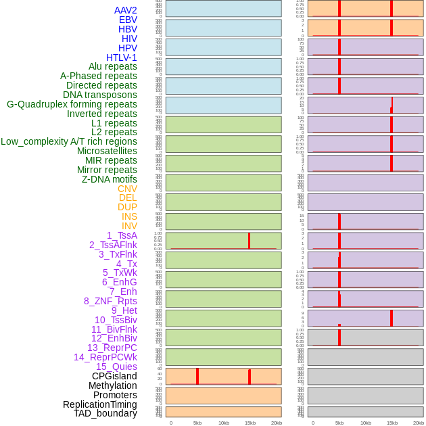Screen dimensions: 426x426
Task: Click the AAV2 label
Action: coord(125,10)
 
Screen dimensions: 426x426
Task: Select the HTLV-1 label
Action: coord(121,57)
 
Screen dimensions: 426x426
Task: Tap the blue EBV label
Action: coord(128,20)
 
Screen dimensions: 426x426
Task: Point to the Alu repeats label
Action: coord(112,66)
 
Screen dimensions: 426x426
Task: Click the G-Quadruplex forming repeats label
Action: coord(72,104)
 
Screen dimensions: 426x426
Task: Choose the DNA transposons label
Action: coord(99,95)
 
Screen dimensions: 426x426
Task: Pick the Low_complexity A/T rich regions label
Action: coord(69,141)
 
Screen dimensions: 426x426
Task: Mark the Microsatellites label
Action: coord(107,151)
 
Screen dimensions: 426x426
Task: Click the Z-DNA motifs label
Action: coord(109,179)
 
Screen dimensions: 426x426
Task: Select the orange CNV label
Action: coord(127,189)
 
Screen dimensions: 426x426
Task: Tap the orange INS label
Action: coord(129,216)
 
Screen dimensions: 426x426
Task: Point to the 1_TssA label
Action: coord(122,235)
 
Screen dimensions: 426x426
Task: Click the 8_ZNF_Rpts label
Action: coord(110,301)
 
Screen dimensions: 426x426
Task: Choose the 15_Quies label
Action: coord(116,366)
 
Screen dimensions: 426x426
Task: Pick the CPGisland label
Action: coord(114,376)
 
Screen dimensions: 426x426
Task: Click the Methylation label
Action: coord(112,385)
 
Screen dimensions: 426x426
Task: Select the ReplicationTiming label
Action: coord(99,404)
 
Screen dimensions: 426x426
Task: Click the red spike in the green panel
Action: coord(249,241)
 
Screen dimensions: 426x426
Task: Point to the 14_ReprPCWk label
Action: coord(105,357)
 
